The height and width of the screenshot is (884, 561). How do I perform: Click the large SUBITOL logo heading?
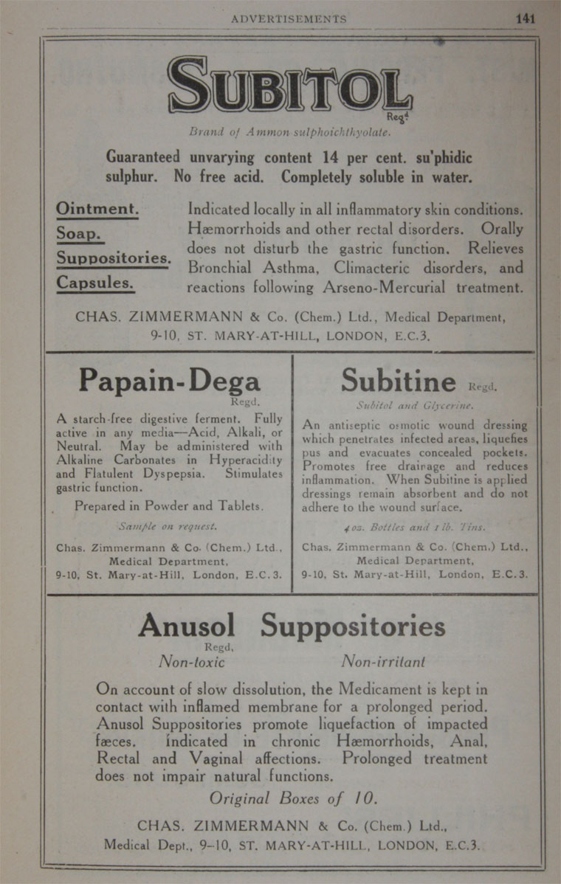tap(289, 85)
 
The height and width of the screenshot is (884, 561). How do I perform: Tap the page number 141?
tap(526, 19)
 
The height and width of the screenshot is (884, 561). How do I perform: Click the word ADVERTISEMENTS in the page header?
tap(289, 19)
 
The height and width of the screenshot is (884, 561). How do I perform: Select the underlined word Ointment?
tap(97, 209)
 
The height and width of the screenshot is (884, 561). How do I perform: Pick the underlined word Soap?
tap(79, 234)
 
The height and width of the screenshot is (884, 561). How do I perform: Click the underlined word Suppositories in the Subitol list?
tap(114, 258)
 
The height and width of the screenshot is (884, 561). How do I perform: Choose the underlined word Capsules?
tap(95, 283)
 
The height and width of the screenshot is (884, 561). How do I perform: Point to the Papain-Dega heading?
tap(169, 381)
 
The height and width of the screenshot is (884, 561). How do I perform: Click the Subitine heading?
tap(399, 381)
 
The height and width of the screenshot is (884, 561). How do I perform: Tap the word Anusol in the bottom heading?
tap(186, 626)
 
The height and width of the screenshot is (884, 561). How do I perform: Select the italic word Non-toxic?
tap(192, 662)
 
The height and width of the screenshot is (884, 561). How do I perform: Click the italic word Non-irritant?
tap(383, 662)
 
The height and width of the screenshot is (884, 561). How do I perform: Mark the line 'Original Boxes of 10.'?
tap(293, 798)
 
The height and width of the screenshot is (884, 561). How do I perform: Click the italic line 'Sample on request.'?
tap(168, 527)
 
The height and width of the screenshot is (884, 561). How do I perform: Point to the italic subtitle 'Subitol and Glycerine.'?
tap(414, 405)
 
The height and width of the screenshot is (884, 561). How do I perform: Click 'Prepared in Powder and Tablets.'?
tap(169, 506)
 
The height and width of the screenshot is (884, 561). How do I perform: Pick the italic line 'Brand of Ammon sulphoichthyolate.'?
tap(289, 134)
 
